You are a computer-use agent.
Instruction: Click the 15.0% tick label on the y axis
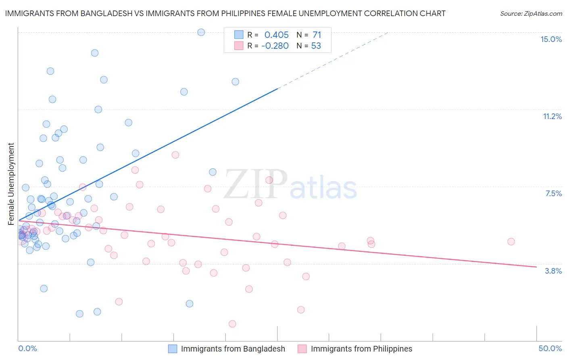(551, 39)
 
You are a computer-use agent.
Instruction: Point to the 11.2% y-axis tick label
(552, 116)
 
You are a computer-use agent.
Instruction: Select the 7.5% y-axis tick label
(553, 193)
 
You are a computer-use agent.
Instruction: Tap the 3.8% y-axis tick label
(553, 271)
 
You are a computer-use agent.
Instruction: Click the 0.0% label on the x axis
(27, 348)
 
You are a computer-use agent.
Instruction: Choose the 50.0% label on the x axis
(550, 348)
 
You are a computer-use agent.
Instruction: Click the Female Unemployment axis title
(11, 184)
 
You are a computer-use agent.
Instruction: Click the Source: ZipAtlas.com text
(531, 13)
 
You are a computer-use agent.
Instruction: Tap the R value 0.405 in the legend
(276, 35)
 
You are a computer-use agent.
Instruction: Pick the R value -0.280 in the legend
(275, 46)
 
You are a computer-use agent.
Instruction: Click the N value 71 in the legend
(317, 35)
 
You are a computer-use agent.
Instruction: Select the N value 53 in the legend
(316, 46)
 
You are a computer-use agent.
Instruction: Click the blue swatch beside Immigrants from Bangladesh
(173, 349)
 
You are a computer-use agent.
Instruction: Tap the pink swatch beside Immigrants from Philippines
(302, 349)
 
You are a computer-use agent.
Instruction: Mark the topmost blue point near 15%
(201, 32)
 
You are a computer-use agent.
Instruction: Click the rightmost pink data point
(511, 242)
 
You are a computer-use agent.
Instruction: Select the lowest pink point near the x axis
(232, 324)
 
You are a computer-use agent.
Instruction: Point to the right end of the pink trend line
(536, 267)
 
